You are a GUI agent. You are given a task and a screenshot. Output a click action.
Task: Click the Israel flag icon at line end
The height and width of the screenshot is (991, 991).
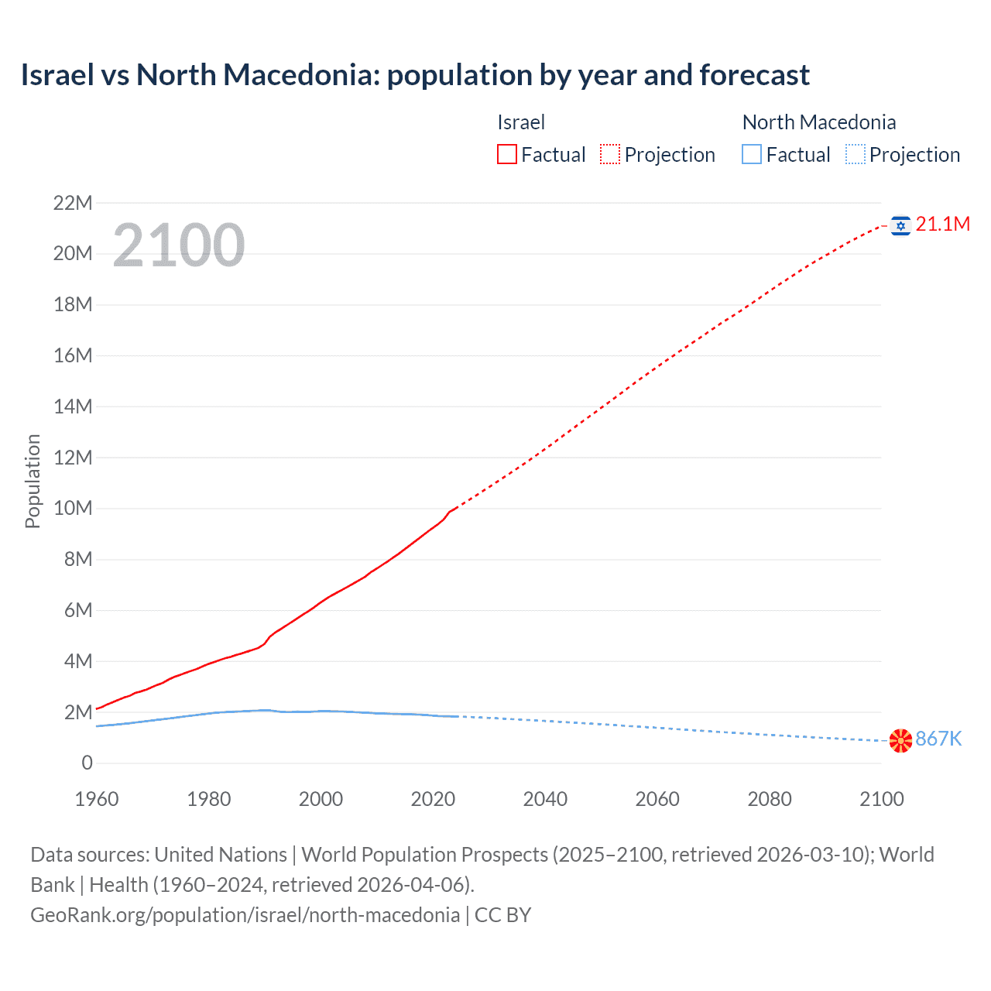click(900, 225)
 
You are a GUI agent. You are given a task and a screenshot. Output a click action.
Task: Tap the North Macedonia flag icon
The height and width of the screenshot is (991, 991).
click(900, 740)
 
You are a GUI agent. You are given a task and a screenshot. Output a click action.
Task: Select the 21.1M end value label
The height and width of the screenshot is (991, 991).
click(942, 225)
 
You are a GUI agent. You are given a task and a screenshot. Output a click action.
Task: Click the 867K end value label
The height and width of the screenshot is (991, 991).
click(938, 739)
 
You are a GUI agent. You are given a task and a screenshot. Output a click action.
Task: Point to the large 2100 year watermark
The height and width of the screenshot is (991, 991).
click(179, 245)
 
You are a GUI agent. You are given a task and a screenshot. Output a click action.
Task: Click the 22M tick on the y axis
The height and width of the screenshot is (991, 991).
click(73, 204)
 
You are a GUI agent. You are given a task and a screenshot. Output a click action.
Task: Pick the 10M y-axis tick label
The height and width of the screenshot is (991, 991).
click(73, 509)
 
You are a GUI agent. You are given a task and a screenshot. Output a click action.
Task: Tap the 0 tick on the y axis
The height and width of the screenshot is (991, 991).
click(87, 763)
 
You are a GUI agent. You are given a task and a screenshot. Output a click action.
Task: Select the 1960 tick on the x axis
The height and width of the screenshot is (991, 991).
click(97, 799)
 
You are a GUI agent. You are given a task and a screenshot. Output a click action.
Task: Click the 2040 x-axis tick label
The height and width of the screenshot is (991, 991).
click(545, 799)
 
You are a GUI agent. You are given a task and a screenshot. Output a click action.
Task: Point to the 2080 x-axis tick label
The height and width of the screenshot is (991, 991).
click(770, 799)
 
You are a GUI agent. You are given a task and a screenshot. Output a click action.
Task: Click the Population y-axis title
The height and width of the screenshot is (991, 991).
click(33, 481)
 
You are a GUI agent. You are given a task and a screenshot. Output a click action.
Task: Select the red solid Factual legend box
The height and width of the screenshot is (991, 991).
click(507, 155)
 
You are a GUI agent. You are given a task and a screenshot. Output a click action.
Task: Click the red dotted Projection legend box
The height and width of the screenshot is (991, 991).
click(610, 155)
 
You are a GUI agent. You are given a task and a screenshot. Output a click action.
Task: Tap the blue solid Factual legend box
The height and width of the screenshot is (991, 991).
click(752, 155)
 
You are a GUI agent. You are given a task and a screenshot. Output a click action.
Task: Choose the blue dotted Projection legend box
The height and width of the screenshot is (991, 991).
click(855, 155)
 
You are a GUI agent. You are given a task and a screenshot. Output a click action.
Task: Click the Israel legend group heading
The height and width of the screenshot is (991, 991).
click(521, 122)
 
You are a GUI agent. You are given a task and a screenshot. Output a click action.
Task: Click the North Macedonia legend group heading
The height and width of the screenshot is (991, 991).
click(819, 122)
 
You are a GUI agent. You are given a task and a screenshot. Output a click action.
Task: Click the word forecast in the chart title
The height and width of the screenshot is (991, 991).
click(754, 75)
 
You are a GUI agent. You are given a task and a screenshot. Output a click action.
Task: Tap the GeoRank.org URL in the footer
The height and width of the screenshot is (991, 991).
click(245, 915)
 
